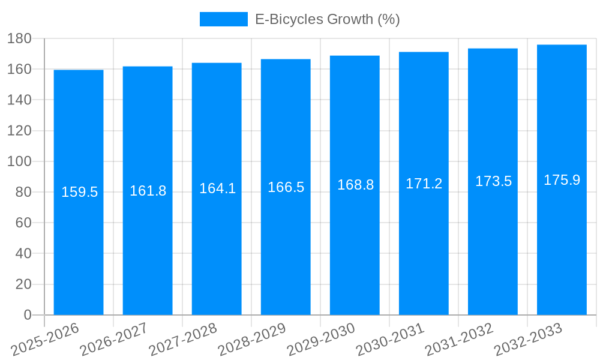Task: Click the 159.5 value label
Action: tap(79, 192)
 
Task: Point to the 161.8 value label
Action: tap(148, 191)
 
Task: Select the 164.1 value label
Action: tap(217, 188)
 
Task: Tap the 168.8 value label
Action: tap(355, 185)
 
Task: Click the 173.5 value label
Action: tap(493, 181)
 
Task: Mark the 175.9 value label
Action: tap(562, 180)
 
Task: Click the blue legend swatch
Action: tap(223, 19)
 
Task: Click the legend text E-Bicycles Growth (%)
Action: tap(328, 19)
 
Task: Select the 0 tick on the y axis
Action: tap(27, 315)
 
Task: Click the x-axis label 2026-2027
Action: tap(115, 339)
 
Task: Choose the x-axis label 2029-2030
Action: tap(322, 339)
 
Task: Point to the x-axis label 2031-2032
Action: tap(460, 339)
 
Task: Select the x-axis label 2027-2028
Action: tap(184, 339)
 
